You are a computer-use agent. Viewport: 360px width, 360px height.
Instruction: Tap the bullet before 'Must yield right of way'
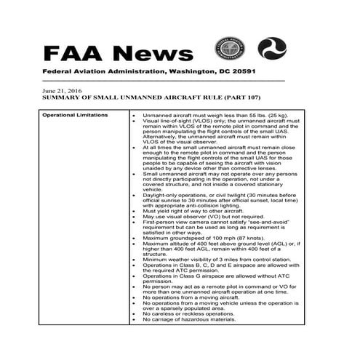pyautogui.click(x=135, y=212)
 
